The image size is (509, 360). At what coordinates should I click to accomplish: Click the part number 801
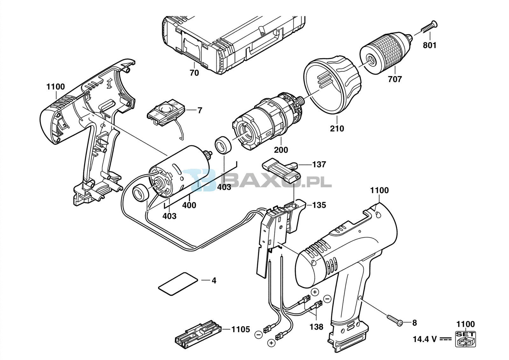click(x=429, y=45)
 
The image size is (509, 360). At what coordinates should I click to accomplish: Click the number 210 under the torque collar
click(x=337, y=129)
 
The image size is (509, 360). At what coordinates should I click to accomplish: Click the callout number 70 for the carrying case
click(x=194, y=73)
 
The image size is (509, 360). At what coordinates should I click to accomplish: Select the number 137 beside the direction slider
click(x=319, y=165)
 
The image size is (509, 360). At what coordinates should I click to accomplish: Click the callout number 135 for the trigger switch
click(x=319, y=205)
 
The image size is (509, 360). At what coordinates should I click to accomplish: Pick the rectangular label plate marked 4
click(x=178, y=284)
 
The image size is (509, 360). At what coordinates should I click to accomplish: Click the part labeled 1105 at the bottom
click(x=241, y=329)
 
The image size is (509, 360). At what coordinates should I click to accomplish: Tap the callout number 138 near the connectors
click(x=316, y=327)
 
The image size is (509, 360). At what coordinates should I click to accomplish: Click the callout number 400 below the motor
click(x=189, y=205)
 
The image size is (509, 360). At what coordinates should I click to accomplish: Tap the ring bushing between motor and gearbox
click(x=223, y=146)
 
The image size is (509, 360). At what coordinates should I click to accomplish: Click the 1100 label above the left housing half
click(x=56, y=87)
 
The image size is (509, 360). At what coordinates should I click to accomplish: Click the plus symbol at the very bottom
click(x=271, y=349)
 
